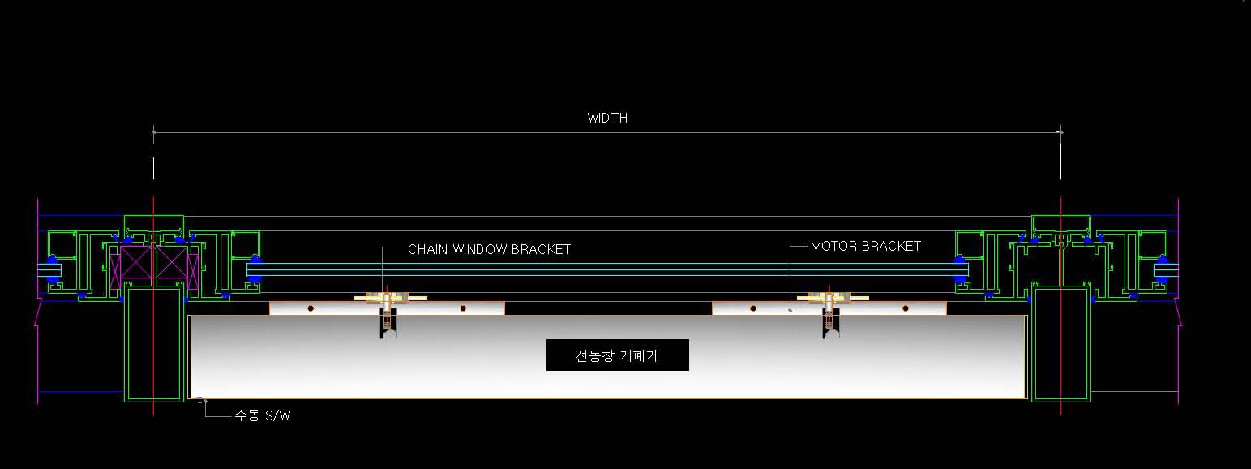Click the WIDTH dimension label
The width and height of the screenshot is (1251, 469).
pos(607,118)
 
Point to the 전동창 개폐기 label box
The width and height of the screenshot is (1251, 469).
pos(618,355)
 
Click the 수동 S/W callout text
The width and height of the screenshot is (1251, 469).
pos(263,416)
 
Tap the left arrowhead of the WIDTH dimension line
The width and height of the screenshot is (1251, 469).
pos(154,131)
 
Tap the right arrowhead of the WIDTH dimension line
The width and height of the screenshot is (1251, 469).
pos(1060,131)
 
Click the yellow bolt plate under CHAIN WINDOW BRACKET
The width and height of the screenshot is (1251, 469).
pos(391,299)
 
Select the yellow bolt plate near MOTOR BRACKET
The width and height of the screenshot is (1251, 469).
pos(833,299)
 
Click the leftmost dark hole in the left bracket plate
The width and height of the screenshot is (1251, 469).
pos(310,308)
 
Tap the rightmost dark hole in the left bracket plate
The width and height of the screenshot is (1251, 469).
pos(463,308)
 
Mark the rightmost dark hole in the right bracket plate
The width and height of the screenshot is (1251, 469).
pos(906,308)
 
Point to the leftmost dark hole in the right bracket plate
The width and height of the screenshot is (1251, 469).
pos(752,308)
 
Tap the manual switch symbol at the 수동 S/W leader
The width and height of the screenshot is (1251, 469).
pos(201,400)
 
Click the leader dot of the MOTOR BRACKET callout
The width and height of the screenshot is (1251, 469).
pos(790,309)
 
